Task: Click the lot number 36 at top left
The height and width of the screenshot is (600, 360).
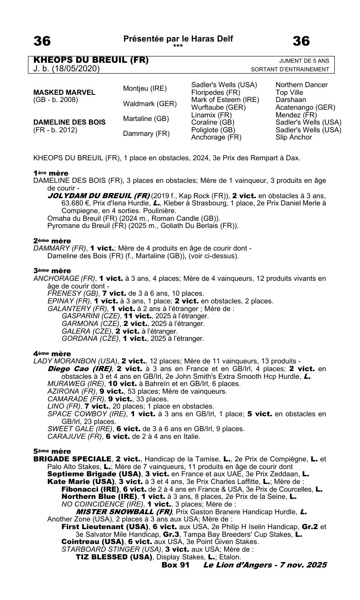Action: pyautogui.click(x=42, y=42)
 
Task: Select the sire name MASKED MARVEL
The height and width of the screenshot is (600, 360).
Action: pyautogui.click(x=65, y=92)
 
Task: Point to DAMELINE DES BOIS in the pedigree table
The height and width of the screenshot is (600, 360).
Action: pyautogui.click(x=69, y=122)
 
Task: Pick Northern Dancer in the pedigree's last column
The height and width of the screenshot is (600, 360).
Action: pyautogui.click(x=301, y=85)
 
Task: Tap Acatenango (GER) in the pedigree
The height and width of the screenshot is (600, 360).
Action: pyautogui.click(x=305, y=107)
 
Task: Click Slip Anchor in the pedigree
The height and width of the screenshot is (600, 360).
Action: pyautogui.click(x=293, y=137)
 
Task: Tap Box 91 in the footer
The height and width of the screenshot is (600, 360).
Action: pyautogui.click(x=175, y=564)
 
